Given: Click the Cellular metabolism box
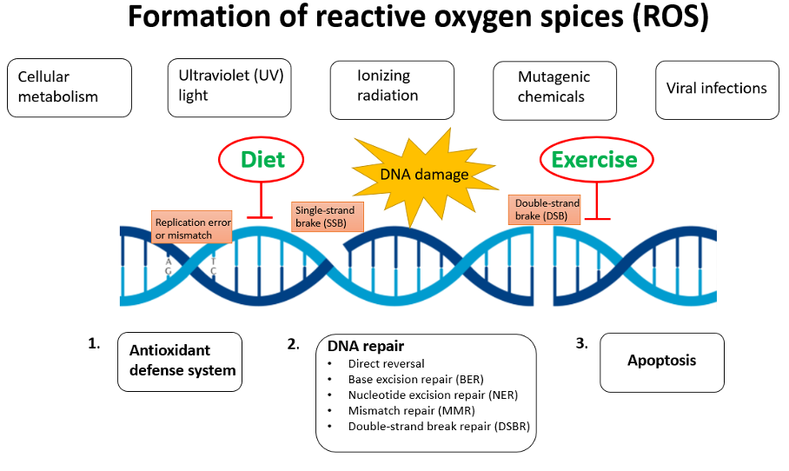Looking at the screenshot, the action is (70, 88).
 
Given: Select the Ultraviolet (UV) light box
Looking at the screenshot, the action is (229, 88).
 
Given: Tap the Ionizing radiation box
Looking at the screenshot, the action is (392, 90).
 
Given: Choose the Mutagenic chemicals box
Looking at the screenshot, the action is (554, 90).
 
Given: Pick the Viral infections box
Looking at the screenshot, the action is (717, 90).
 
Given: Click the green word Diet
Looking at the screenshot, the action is (262, 160).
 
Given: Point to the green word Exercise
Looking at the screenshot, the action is (594, 160).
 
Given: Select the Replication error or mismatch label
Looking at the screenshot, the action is (192, 227).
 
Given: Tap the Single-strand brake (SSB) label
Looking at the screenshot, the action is (327, 217).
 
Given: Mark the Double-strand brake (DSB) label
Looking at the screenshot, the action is (545, 209).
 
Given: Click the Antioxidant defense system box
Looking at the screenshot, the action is (180, 362).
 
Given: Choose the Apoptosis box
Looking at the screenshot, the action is (662, 362).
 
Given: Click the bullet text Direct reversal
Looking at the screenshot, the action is (386, 363).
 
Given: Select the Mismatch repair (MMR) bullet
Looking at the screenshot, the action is (412, 411).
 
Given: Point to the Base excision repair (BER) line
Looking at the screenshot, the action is (415, 380).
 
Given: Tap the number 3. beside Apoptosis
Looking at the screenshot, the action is (581, 343).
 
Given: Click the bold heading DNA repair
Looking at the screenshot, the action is (365, 346).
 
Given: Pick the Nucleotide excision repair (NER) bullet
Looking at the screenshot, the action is (433, 395).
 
